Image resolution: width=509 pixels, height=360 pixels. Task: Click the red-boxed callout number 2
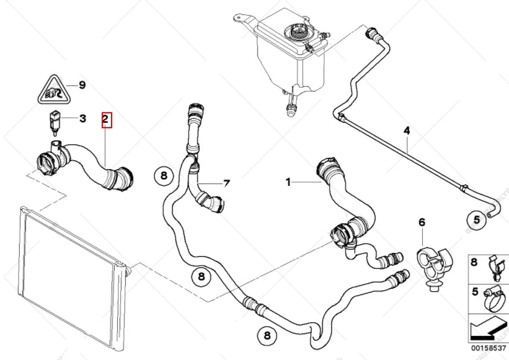[106, 118]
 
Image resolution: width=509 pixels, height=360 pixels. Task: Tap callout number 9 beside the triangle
[81, 86]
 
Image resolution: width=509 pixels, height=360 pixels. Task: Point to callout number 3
[81, 118]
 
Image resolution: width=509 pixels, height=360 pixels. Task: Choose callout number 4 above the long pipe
[407, 131]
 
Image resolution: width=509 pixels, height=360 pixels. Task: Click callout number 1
[288, 182]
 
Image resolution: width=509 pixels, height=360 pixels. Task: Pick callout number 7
[226, 184]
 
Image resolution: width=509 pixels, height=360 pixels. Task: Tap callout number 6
[422, 222]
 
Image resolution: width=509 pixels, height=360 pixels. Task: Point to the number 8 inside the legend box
[474, 262]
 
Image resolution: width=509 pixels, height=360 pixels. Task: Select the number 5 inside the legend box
[474, 291]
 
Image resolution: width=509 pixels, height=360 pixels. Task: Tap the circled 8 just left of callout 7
[164, 177]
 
